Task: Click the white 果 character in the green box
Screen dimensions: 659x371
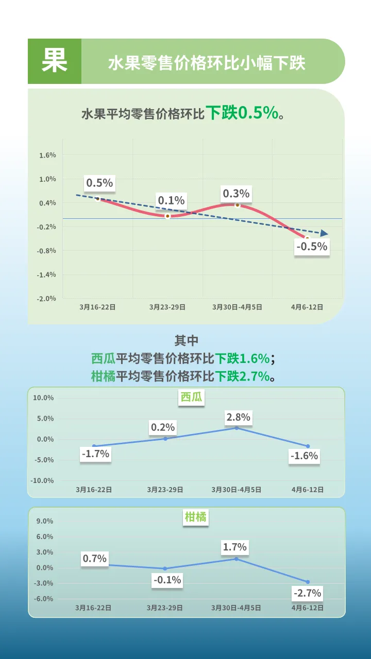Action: pyautogui.click(x=55, y=61)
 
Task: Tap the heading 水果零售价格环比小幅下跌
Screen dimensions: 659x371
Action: pyautogui.click(x=206, y=63)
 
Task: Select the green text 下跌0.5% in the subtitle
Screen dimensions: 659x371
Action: pyautogui.click(x=242, y=113)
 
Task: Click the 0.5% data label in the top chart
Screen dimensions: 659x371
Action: pyautogui.click(x=99, y=183)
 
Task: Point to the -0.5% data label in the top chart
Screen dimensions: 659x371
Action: pyautogui.click(x=312, y=247)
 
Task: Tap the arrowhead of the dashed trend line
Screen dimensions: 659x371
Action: pyautogui.click(x=324, y=233)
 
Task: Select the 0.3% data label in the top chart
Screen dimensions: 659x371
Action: pyautogui.click(x=236, y=194)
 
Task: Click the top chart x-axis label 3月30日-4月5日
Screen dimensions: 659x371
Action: pyautogui.click(x=237, y=307)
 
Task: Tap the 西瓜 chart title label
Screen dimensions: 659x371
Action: pyautogui.click(x=191, y=397)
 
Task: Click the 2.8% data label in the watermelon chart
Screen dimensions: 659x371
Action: pyautogui.click(x=238, y=417)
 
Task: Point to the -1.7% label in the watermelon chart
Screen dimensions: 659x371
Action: pyautogui.click(x=95, y=454)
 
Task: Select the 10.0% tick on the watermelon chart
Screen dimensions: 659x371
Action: pyautogui.click(x=43, y=398)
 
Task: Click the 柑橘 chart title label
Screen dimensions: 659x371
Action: pyautogui.click(x=195, y=517)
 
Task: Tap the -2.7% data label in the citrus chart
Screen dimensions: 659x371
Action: pyautogui.click(x=307, y=593)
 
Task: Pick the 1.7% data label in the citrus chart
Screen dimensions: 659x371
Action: pyautogui.click(x=235, y=547)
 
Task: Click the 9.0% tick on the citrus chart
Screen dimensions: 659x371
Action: pyautogui.click(x=44, y=522)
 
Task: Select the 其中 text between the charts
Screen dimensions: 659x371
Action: pyautogui.click(x=186, y=340)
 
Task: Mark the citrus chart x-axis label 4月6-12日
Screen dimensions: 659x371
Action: pyautogui.click(x=308, y=608)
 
